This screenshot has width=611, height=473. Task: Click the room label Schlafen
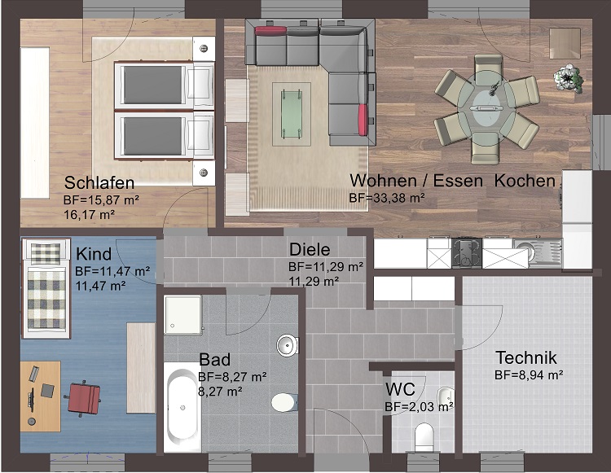tap(99, 182)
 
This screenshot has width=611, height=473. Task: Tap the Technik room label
tap(525, 357)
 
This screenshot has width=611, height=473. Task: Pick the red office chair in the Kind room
tap(83, 397)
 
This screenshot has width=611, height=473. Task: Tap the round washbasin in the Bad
tap(288, 345)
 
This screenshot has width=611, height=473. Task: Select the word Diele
tap(307, 251)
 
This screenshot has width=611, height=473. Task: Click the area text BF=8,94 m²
tap(529, 375)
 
